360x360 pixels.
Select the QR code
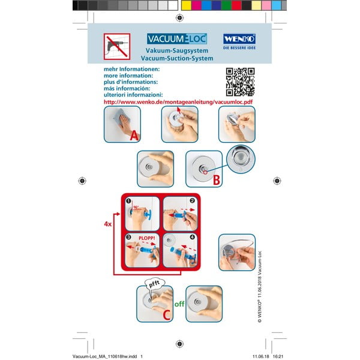point(240,82)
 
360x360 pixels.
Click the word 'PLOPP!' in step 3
point(147,238)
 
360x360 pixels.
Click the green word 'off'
point(179,304)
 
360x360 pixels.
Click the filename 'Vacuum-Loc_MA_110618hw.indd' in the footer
point(100,356)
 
